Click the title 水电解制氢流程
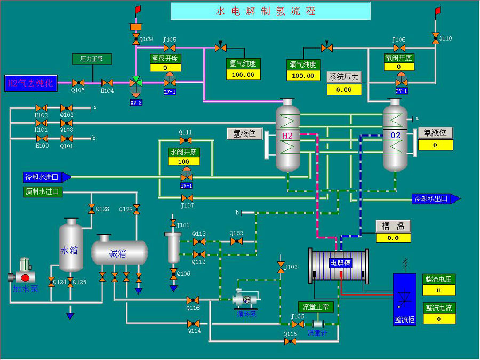point(266,11)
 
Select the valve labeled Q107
point(79,83)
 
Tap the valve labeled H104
point(108,83)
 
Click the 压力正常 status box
point(91,58)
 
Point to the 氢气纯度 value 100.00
point(243,75)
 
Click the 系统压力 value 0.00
point(343,90)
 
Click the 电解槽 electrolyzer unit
point(339,265)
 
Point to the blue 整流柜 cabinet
point(404,299)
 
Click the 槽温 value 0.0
point(393,238)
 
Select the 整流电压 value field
point(439,290)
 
